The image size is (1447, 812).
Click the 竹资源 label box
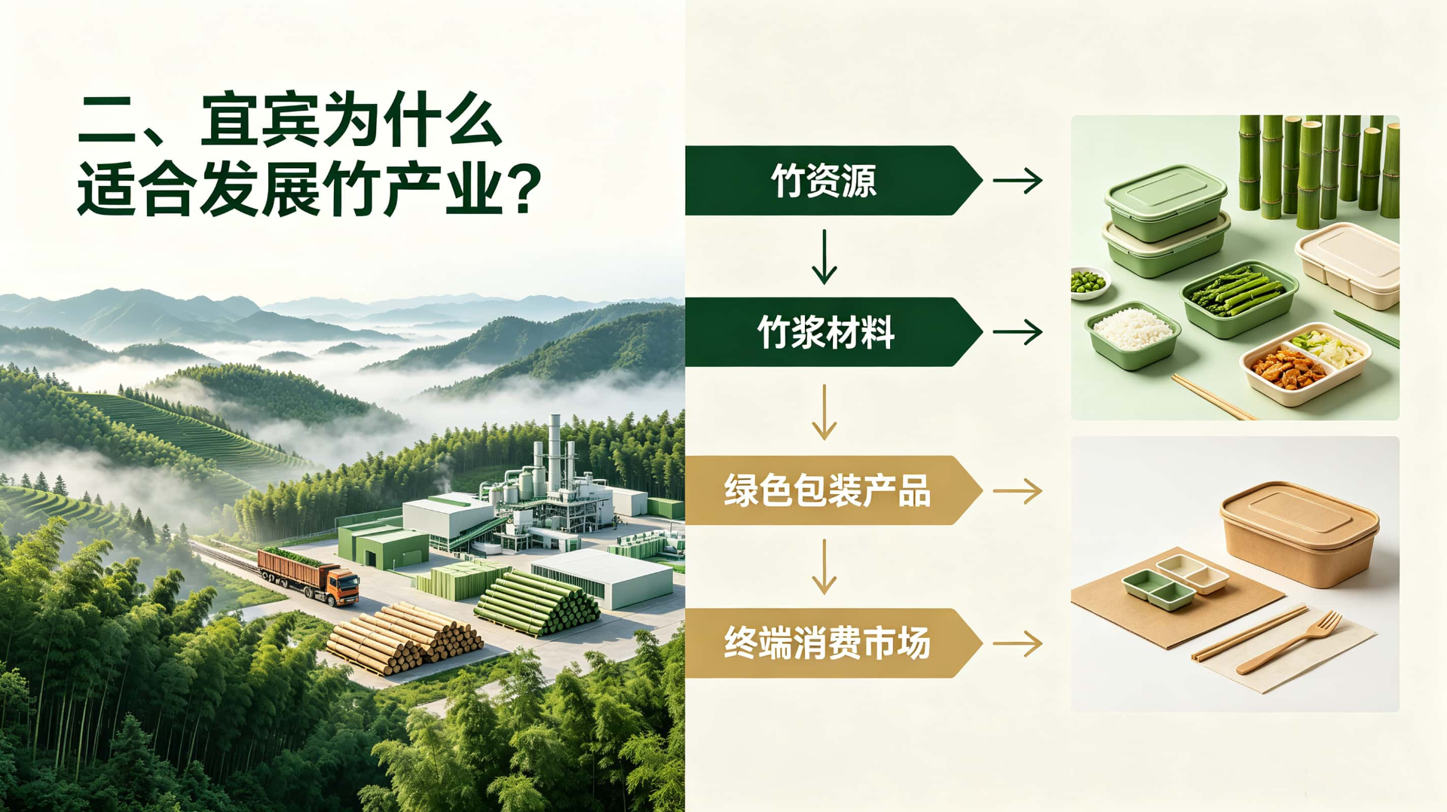pos(833,181)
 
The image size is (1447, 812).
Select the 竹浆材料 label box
pos(833,332)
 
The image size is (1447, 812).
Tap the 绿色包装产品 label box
pos(833,490)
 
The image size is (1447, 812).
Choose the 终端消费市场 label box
pos(833,643)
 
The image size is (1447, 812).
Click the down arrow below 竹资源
pos(824,257)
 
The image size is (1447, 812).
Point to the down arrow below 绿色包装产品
pos(824,566)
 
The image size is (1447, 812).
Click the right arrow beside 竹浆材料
pos(1017,332)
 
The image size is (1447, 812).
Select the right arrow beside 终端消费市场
pos(1017,644)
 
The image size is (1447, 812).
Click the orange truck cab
pos(342,586)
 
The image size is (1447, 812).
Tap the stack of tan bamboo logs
pos(404,636)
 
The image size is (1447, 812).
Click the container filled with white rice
pos(1132,335)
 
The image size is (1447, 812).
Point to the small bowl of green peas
pos(1089,283)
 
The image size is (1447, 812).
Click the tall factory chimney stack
pos(555,452)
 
